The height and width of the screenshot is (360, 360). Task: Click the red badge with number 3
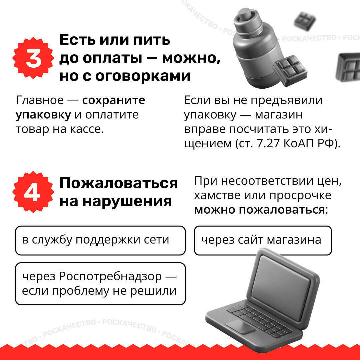[33, 58]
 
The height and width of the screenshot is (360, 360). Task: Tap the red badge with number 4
[33, 192]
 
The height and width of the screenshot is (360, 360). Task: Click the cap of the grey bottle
[245, 16]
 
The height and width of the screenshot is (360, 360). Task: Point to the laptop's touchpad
[240, 326]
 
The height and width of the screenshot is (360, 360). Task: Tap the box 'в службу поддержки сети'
[100, 240]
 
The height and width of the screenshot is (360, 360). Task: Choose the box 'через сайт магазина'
[263, 240]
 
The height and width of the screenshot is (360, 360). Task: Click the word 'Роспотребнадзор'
[110, 276]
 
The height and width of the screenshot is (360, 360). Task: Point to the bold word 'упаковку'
[43, 115]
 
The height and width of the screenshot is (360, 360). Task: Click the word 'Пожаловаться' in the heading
[118, 183]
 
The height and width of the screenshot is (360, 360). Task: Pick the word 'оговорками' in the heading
[143, 76]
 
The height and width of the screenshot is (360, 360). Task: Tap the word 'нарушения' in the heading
[127, 202]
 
